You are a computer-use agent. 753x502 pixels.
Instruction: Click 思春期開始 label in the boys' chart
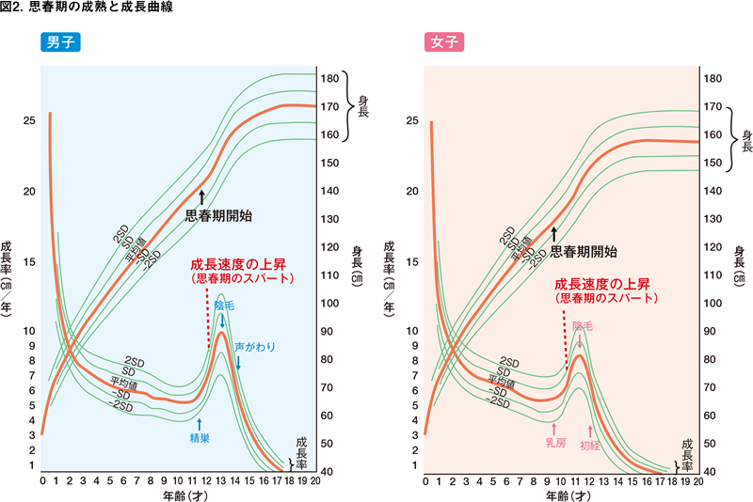tap(218, 214)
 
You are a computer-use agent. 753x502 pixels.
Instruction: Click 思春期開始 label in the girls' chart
tap(584, 251)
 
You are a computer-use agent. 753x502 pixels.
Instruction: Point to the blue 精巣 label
tap(199, 437)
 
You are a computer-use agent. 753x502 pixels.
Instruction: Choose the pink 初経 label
tap(590, 445)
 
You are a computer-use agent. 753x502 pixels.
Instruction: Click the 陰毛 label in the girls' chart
tap(583, 325)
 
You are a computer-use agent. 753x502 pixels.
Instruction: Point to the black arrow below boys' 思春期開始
tap(201, 196)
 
